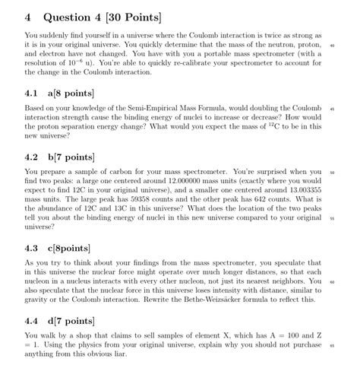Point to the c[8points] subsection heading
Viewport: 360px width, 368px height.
(x=69, y=248)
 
